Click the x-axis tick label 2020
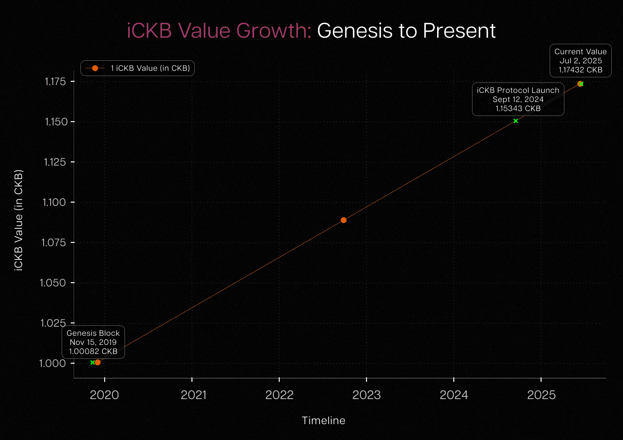[104, 395]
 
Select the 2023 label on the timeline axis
[366, 395]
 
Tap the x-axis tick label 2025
[541, 395]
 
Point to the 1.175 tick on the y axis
[55, 82]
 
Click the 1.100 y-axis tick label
[54, 202]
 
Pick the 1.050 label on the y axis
[53, 283]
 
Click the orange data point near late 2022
[343, 220]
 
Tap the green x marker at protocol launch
[516, 121]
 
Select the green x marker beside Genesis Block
[92, 362]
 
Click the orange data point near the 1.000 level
[98, 362]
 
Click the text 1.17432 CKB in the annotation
[580, 70]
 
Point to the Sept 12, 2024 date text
[518, 99]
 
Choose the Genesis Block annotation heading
[93, 333]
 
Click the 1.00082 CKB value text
[93, 351]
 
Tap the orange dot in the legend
[95, 68]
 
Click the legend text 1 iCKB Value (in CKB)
[150, 68]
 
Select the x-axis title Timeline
[324, 421]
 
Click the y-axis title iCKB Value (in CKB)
[18, 220]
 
